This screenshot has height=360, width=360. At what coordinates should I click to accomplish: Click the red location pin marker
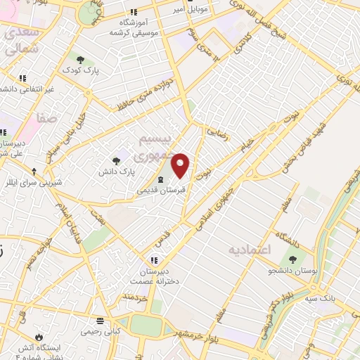181,165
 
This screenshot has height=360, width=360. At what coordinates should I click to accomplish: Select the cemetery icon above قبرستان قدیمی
158,179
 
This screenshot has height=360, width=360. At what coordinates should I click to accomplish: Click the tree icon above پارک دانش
117,161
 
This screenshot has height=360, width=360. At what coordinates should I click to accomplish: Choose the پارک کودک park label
79,71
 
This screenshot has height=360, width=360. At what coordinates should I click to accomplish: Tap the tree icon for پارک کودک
79,60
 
